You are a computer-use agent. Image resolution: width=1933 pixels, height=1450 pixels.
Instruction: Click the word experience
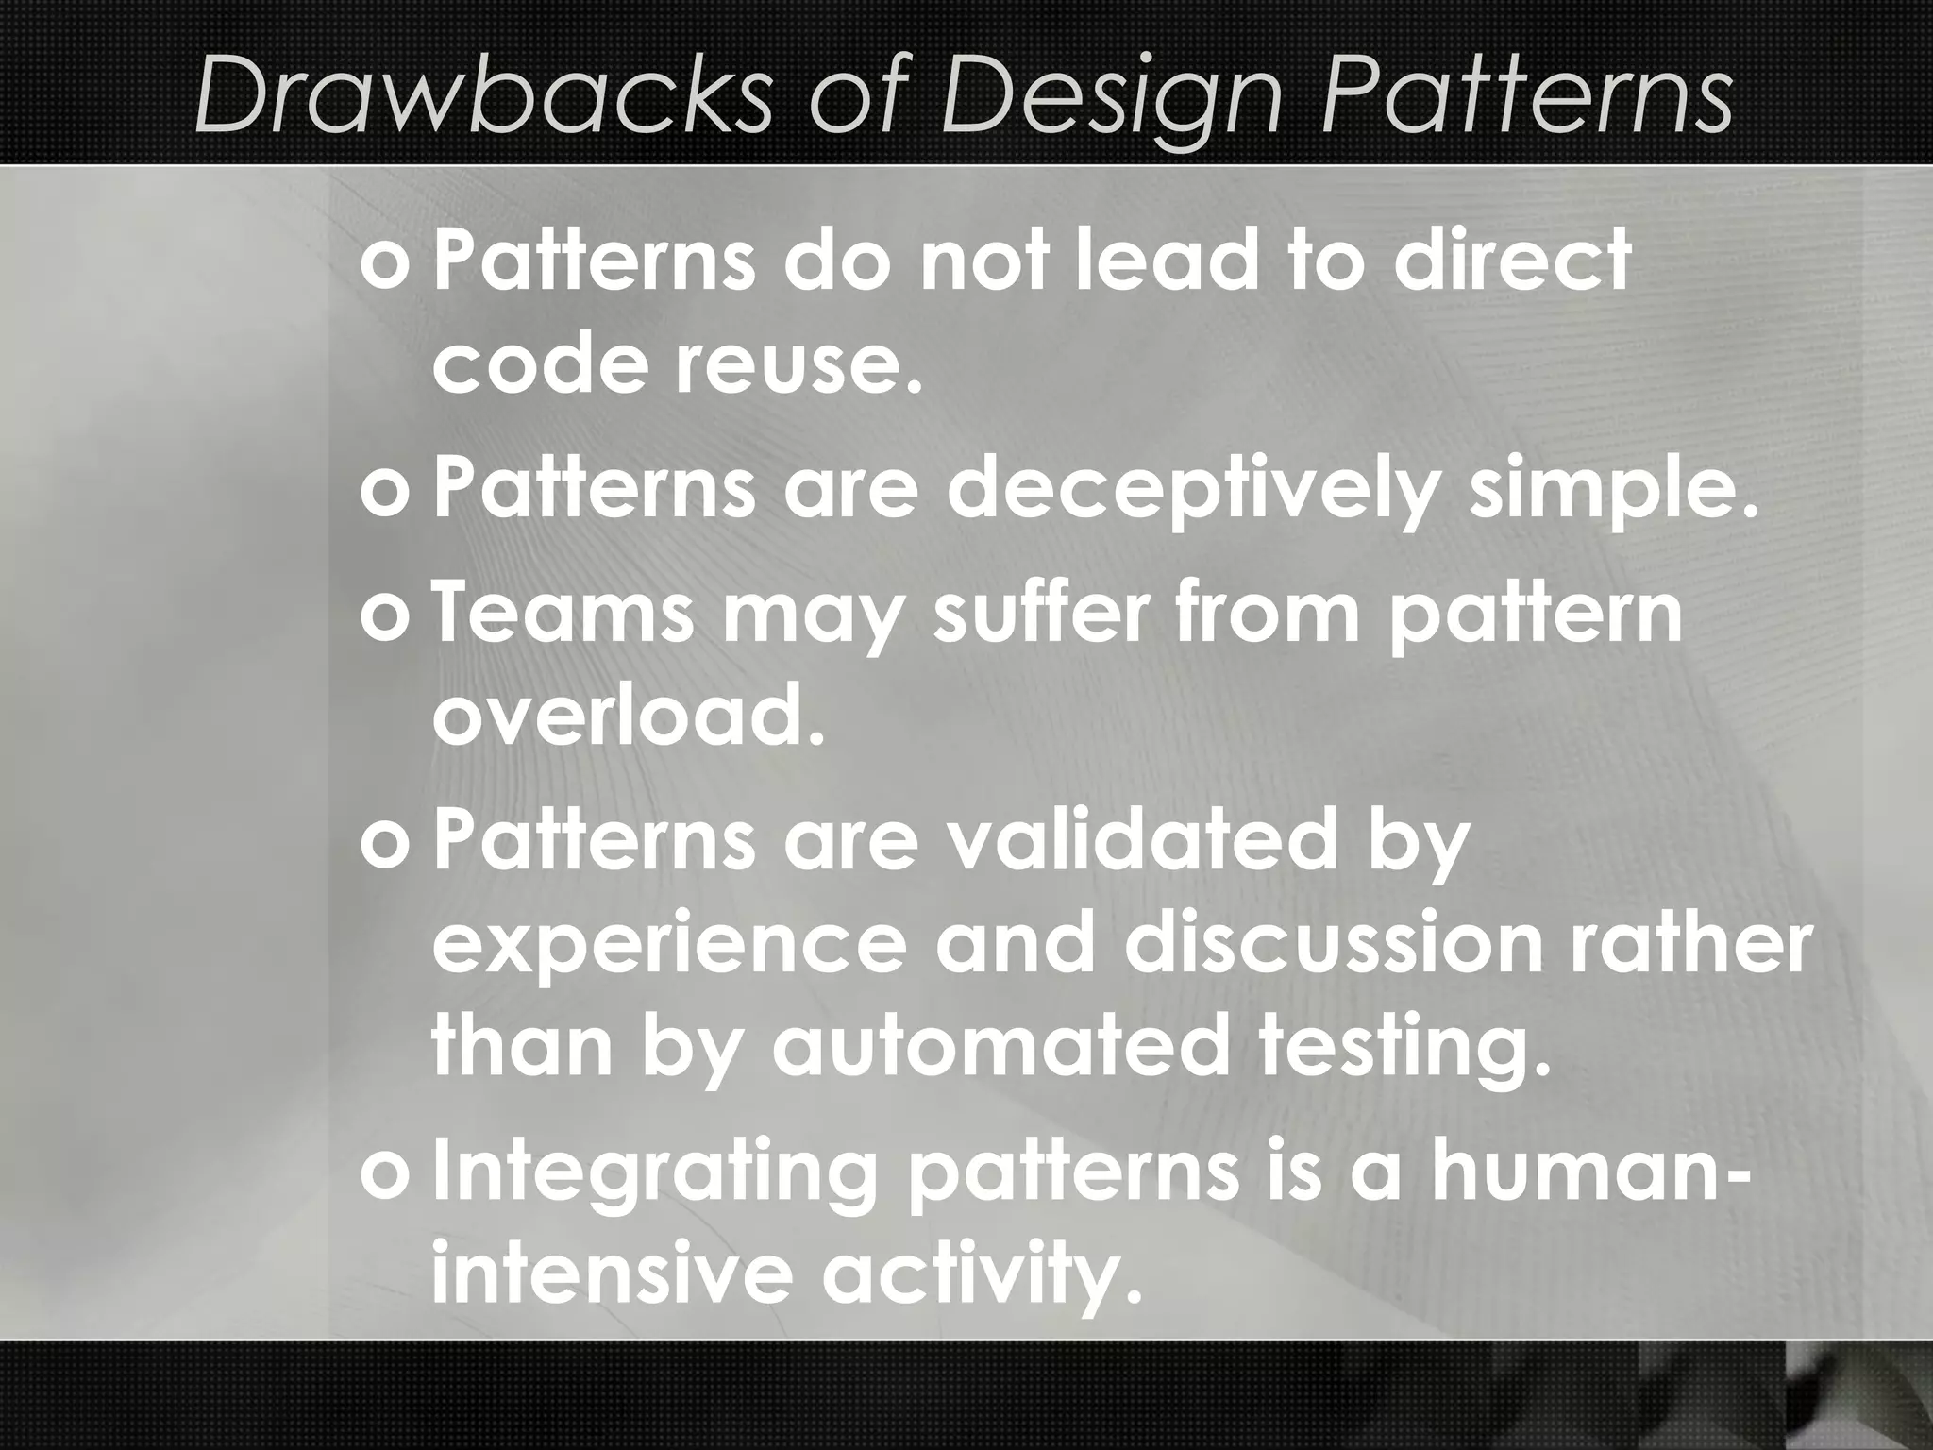click(668, 946)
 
